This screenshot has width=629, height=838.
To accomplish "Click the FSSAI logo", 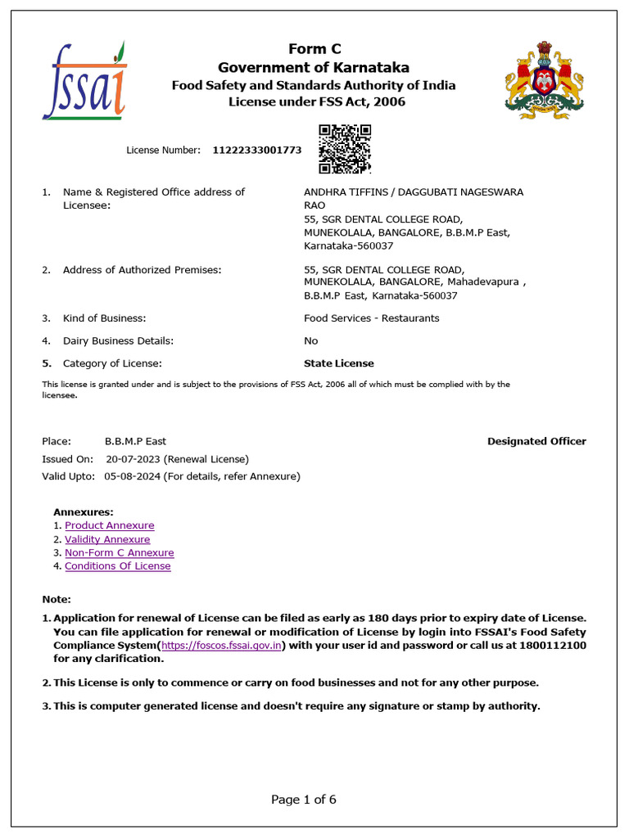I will coord(85,80).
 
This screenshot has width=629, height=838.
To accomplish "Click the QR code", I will coord(345,149).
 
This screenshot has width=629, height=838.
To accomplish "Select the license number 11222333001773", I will coord(257,151).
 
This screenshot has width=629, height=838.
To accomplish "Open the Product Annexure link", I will coord(110,525).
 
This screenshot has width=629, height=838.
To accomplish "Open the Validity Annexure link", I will coord(107,539).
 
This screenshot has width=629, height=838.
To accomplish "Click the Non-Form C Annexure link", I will coord(120,553).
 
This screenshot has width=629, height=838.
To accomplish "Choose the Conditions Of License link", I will coord(118,566).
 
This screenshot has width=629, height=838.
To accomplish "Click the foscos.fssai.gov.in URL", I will coord(223,645).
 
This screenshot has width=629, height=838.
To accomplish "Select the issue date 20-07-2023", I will coord(133,459).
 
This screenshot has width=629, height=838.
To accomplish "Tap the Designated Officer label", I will coord(536,441).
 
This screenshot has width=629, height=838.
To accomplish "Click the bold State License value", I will coord(338,363).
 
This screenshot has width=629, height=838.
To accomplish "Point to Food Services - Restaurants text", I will coord(371,318).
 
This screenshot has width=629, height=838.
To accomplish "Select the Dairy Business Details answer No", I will coord(311,340).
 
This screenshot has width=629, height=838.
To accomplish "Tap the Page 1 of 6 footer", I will coord(304,800).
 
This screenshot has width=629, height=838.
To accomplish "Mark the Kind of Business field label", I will coord(104,318).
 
